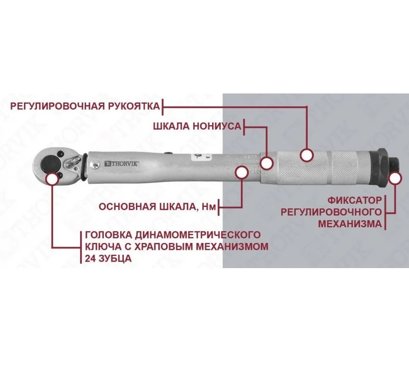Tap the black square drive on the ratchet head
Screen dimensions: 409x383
click(x=50, y=162)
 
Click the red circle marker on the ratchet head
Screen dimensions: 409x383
click(x=52, y=178)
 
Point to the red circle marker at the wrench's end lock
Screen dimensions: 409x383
click(x=394, y=178)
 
